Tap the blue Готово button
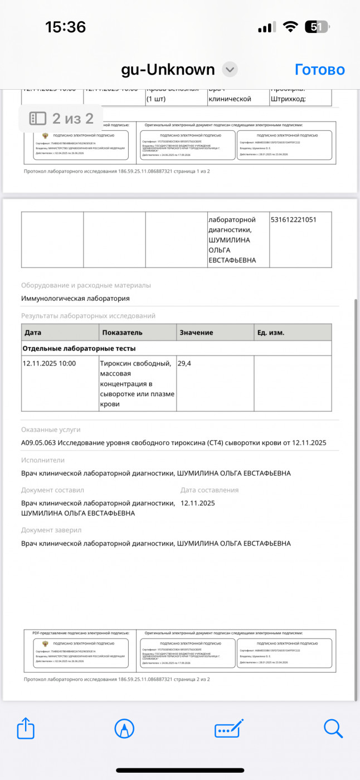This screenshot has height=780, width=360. [319, 70]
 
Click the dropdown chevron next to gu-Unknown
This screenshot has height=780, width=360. [230, 70]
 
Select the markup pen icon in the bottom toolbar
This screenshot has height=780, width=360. [124, 728]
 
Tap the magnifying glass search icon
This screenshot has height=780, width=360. [333, 728]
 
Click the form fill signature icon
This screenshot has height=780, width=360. [229, 728]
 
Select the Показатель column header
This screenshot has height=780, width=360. [122, 333]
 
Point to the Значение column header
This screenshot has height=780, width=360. [196, 333]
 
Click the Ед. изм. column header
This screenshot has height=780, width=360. [270, 333]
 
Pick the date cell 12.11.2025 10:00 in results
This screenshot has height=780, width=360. [49, 363]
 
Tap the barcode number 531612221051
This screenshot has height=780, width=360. [294, 220]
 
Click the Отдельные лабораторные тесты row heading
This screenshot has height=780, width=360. [79, 348]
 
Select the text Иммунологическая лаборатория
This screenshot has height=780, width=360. [75, 298]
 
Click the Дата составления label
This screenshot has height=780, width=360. [210, 490]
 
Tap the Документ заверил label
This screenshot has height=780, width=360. [51, 530]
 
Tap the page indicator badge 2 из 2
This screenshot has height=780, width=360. [61, 118]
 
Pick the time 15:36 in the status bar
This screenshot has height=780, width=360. [66, 27]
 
